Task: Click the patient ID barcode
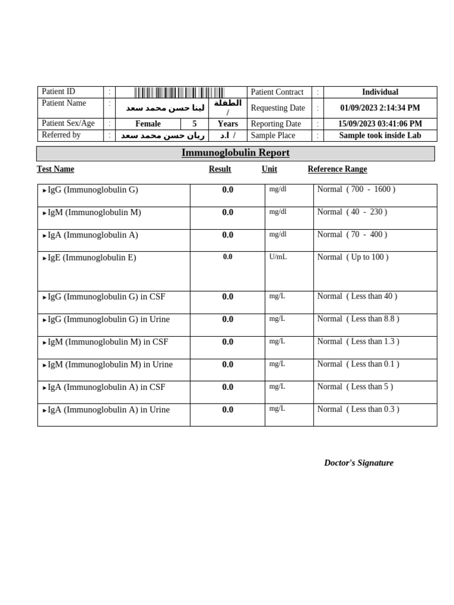pos(179,92)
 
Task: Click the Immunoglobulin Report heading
pos(235,153)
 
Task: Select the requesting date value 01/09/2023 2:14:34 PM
pos(380,108)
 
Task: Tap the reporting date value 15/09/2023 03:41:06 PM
pos(380,124)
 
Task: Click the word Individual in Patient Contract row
pos(380,92)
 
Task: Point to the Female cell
pos(148,124)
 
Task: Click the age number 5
pos(194,124)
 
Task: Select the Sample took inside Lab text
pos(380,135)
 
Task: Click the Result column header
pos(220,170)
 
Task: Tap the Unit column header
pos(270,170)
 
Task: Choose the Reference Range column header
pos(337,170)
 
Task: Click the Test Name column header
pos(56,170)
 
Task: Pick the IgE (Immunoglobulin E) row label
pos(92,258)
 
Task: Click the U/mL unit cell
pos(278,257)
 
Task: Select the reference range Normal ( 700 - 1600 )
pos(356,190)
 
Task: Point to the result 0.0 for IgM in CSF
pos(228,342)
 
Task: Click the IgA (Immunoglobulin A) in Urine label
pos(108,410)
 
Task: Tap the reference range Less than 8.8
pos(358,319)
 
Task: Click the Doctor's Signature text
pos(359,463)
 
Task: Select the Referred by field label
pos(61,135)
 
